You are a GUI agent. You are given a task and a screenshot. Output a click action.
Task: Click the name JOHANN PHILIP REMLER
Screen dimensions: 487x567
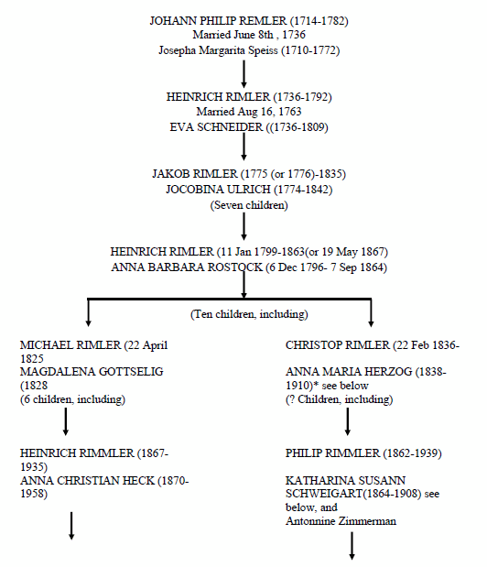click(x=218, y=21)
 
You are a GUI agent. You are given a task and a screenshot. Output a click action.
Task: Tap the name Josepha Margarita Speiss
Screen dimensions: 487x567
click(x=218, y=49)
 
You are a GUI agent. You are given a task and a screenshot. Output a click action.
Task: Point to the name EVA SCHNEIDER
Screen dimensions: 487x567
click(x=216, y=127)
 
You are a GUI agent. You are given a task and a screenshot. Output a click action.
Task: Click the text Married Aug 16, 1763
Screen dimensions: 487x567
click(x=249, y=112)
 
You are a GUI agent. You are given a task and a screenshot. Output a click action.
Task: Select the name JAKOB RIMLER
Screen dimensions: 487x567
click(x=195, y=174)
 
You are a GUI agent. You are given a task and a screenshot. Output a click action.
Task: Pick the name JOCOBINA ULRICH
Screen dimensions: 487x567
click(x=218, y=190)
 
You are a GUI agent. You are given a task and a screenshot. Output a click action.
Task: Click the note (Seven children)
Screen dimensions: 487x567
click(x=249, y=205)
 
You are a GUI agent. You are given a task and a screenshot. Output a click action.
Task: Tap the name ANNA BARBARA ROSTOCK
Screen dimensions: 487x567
click(x=187, y=267)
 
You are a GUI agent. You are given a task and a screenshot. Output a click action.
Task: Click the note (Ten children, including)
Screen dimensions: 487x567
click(x=249, y=314)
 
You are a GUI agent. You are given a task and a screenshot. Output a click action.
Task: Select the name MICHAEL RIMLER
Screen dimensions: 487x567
click(x=70, y=345)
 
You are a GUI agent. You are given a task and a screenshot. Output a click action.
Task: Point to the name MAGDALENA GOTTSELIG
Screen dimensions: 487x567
click(x=92, y=372)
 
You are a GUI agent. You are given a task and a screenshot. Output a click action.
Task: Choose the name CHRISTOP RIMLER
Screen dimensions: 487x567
click(x=338, y=345)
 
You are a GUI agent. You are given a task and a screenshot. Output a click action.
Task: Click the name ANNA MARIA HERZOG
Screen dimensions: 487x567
click(x=349, y=372)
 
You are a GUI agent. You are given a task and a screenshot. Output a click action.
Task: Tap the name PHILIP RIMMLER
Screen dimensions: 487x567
click(x=332, y=453)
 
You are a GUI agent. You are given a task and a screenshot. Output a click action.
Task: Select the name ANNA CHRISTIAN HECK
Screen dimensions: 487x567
click(x=88, y=481)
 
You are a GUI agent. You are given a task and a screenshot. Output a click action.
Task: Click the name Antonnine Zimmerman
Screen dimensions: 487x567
click(x=341, y=521)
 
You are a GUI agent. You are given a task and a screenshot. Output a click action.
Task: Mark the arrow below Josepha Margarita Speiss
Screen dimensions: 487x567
click(x=243, y=74)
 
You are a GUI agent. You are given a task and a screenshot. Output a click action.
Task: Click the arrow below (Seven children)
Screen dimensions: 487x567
click(x=243, y=226)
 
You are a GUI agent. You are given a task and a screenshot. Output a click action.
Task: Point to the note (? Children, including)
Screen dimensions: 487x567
click(x=340, y=399)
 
